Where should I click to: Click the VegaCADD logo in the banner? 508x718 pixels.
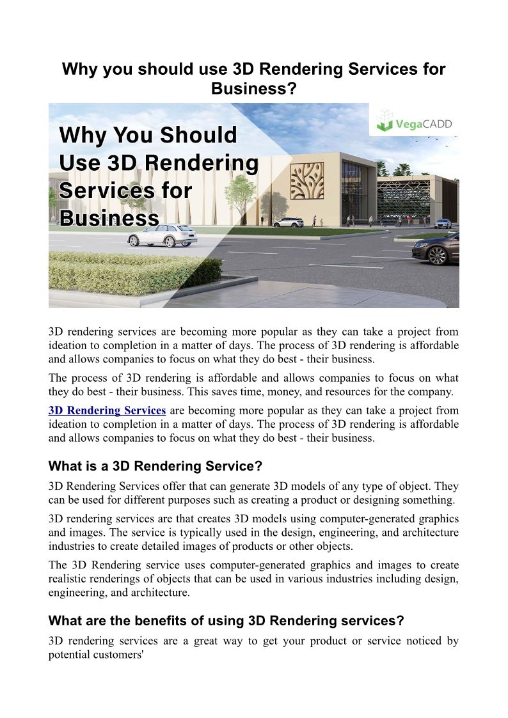pos(414,121)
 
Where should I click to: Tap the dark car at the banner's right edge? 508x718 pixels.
pos(436,249)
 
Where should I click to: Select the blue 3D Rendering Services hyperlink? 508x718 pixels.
pos(107,410)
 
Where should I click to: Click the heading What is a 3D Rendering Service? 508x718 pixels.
pos(155,465)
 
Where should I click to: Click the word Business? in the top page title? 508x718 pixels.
pos(254,89)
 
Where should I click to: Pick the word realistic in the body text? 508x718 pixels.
pos(67,579)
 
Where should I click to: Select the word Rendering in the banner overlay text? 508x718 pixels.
pos(202,163)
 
